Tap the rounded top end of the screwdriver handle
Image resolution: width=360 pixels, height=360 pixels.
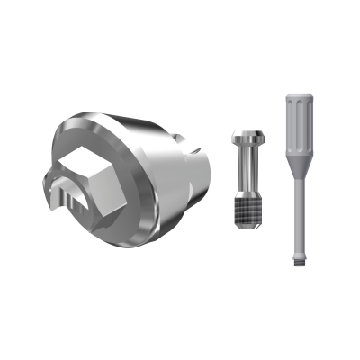tap(299, 96)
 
